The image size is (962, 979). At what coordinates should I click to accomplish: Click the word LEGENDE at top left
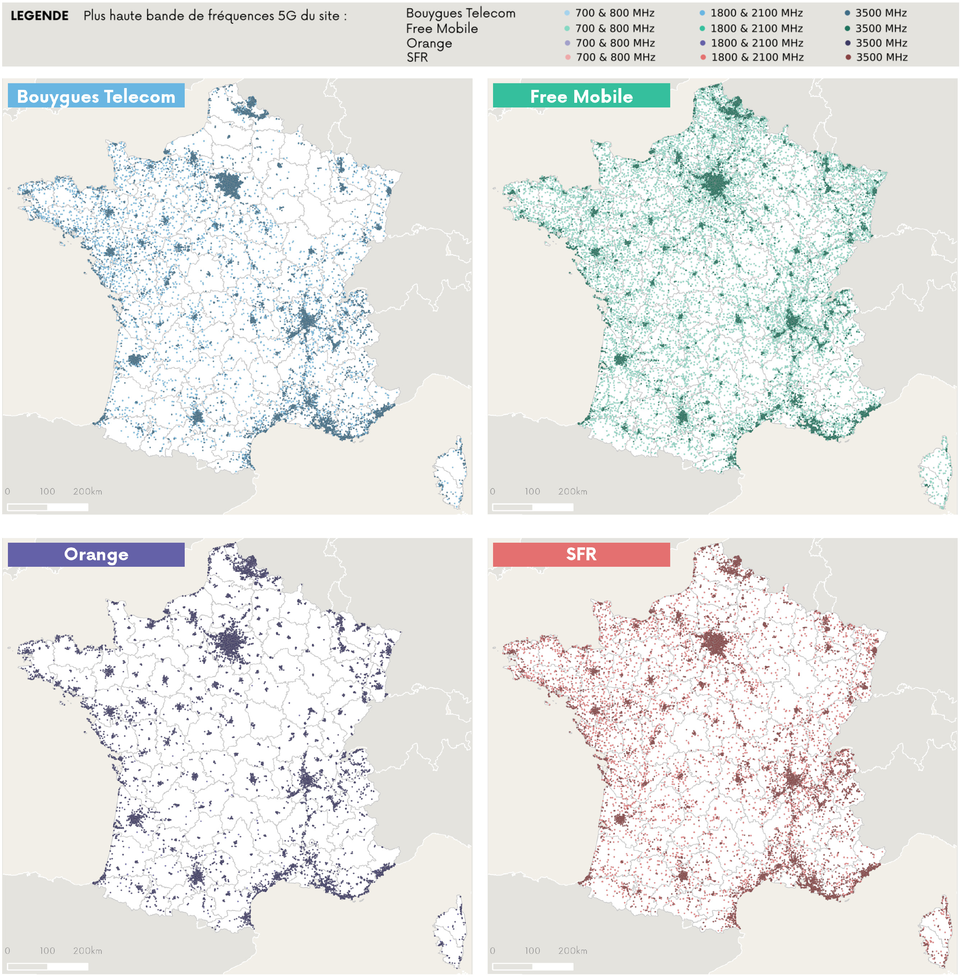(40, 16)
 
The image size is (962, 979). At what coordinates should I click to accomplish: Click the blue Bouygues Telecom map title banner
(96, 96)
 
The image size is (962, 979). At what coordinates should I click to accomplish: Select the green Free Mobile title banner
(581, 96)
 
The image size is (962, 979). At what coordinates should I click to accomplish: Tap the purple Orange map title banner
(96, 555)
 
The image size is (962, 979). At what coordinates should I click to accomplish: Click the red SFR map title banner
(581, 555)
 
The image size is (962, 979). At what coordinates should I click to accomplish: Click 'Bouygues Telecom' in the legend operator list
(460, 13)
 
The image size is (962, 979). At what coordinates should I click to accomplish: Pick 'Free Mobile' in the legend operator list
(442, 28)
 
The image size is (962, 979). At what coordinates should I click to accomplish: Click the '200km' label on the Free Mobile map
(572, 491)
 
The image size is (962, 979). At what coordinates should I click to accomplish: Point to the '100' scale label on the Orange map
(47, 951)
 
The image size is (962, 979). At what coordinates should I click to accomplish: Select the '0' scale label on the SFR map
(493, 951)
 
